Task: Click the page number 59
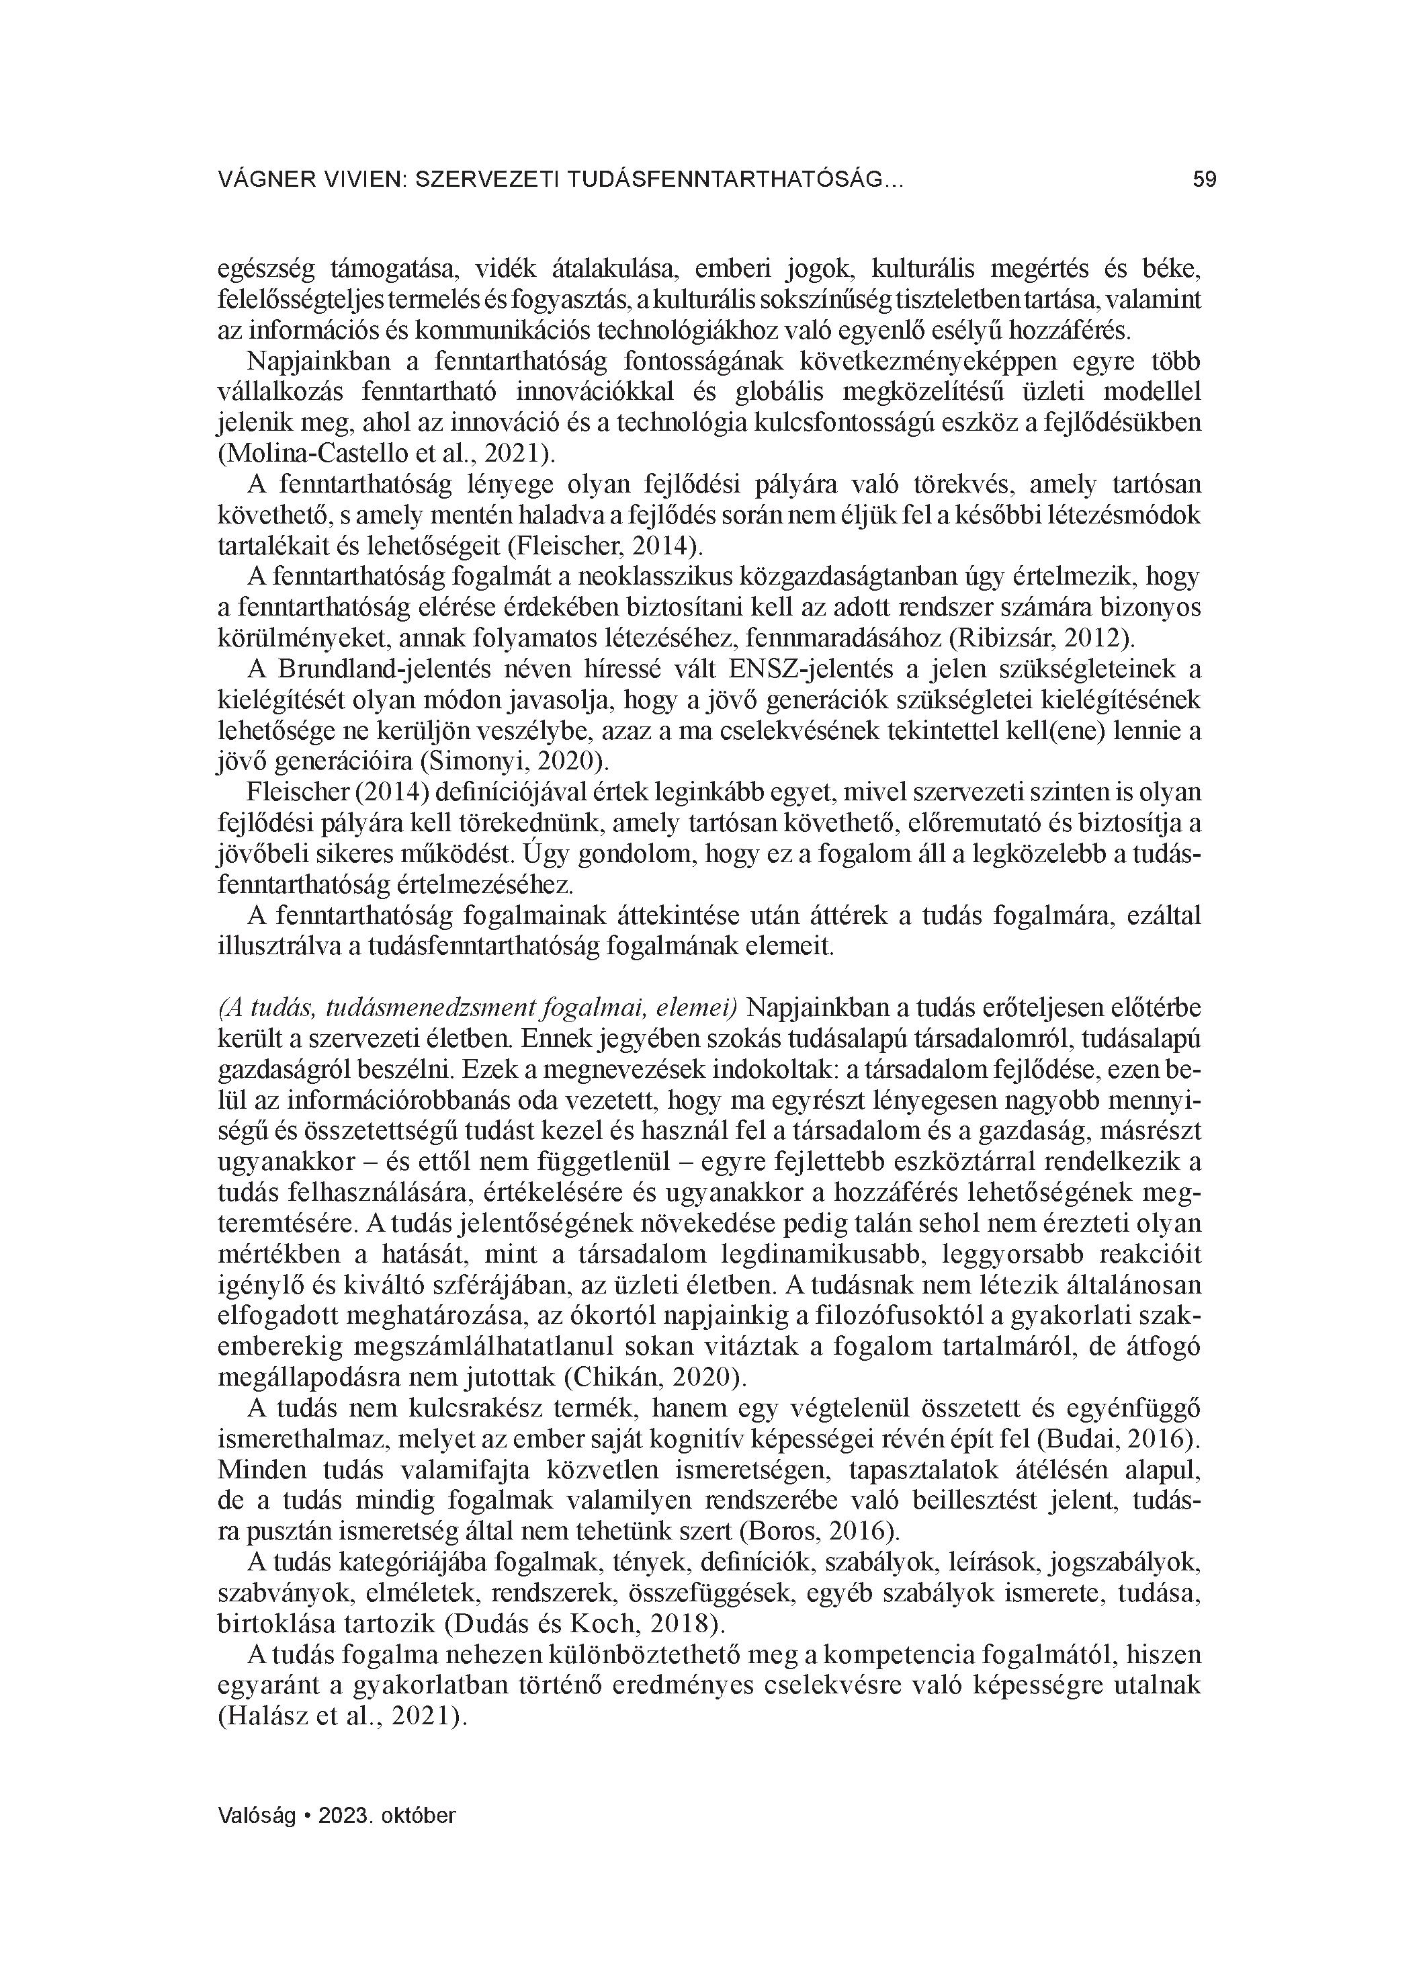pos(1204,180)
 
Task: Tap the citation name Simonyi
pos(474,761)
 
